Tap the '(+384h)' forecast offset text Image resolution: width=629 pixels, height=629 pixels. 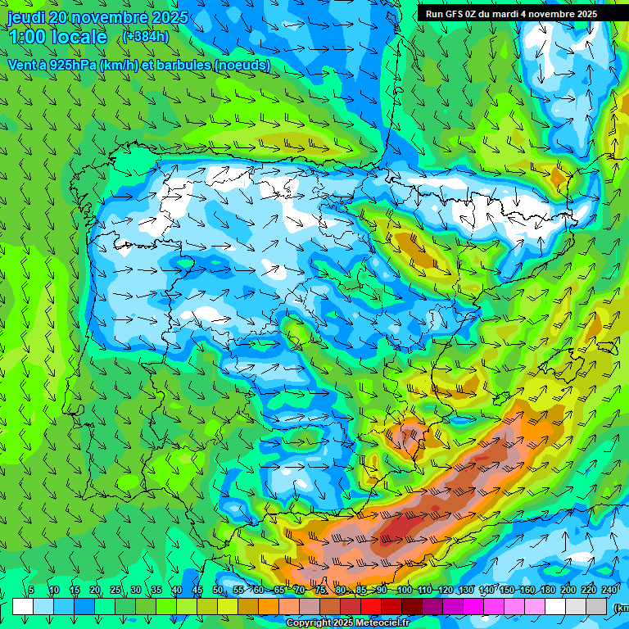146,37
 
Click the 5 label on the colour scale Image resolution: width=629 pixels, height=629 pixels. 31,591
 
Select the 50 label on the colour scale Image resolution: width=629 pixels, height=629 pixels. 218,591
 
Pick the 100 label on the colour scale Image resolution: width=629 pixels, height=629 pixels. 404,591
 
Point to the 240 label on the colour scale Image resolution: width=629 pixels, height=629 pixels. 609,591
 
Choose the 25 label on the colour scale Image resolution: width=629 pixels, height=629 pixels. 115,591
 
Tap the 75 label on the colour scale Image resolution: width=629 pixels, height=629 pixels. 320,591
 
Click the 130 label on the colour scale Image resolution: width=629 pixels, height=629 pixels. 466,591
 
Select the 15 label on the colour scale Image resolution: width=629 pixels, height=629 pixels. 74,591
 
